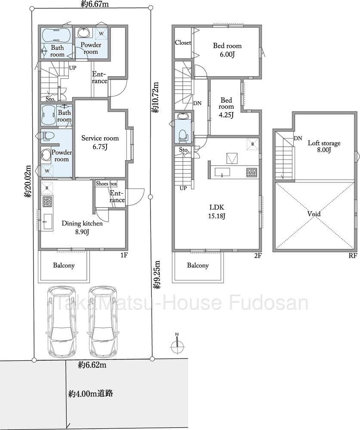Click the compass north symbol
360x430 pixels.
pos(177,344)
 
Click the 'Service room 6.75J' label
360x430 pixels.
pos(100,142)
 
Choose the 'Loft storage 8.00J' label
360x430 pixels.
pos(324,146)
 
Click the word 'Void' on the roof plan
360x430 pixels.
pos(314,213)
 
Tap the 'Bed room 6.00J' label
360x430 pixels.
pos(228,49)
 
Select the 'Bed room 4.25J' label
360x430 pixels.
pos(226,108)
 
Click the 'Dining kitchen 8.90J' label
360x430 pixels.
pos(82,227)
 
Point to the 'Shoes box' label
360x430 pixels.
pos(106,184)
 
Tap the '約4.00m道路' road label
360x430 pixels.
pos(90,394)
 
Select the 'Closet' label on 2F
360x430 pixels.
pos(183,43)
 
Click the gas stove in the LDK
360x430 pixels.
pos(252,172)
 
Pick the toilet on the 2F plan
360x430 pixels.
pos(182,136)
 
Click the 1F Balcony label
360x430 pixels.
pos(64,266)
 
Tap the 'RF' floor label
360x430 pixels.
pos(353,256)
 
